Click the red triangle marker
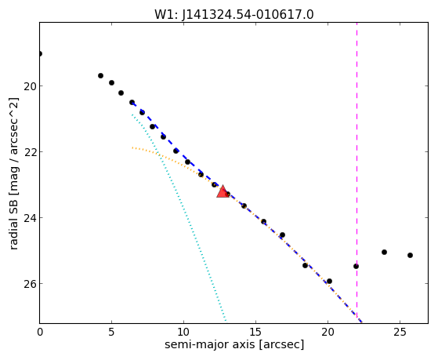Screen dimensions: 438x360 coord(223,191)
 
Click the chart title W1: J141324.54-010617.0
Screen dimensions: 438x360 coord(234,14)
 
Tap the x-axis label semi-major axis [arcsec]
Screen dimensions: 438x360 coord(234,344)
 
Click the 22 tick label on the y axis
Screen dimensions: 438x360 coord(30,152)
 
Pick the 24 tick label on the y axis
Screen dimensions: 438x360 coord(30,218)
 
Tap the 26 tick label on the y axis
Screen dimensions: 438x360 coord(30,284)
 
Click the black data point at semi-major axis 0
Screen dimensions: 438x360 coord(40,53)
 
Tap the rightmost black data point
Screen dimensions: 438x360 coord(410,255)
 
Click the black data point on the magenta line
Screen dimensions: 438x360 coord(356,266)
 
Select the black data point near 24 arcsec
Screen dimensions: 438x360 coord(384,252)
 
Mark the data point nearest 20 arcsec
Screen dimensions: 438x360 coord(329,281)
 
